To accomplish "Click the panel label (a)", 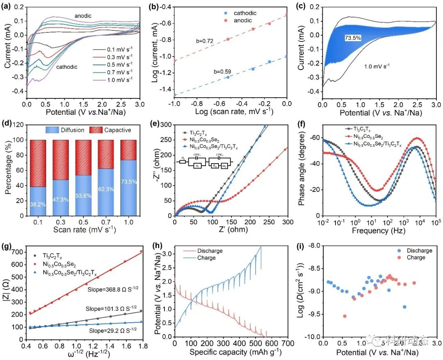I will tap(7, 6).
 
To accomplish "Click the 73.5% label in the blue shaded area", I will tap(353, 38).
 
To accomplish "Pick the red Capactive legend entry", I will tap(116, 130).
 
